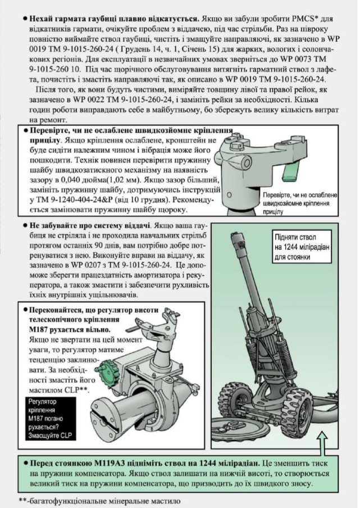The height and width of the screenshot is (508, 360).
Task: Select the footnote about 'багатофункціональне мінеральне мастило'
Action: [100, 500]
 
